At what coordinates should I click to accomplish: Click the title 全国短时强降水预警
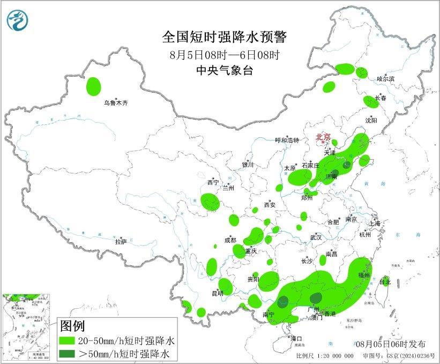[225, 37]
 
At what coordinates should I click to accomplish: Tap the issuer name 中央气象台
[225, 70]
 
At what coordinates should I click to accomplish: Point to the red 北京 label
[323, 137]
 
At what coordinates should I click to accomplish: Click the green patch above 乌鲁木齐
[94, 85]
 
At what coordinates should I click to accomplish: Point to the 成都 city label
[230, 240]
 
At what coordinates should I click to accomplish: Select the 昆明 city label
[217, 293]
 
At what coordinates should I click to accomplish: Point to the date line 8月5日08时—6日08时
[225, 54]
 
